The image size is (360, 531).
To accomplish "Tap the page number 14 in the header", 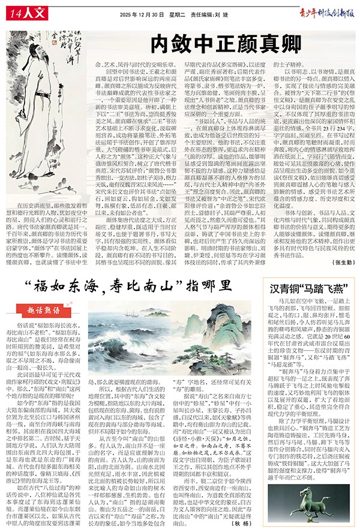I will [x=16, y=11].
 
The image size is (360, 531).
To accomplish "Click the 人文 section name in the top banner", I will [x=37, y=12].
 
